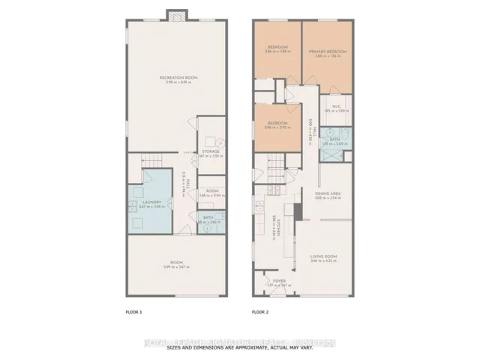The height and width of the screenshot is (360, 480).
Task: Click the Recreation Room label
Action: pyautogui.click(x=177, y=78)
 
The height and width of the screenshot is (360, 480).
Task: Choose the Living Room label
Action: pyautogui.click(x=324, y=257)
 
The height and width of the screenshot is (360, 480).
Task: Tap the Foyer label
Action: pyautogui.click(x=279, y=281)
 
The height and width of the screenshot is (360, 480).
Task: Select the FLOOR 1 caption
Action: pyautogui.click(x=133, y=310)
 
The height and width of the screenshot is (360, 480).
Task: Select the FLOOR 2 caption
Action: pyautogui.click(x=260, y=310)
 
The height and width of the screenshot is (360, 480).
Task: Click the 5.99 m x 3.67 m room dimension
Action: pyautogui.click(x=176, y=267)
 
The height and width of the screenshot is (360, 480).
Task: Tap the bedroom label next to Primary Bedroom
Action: pyautogui.click(x=278, y=47)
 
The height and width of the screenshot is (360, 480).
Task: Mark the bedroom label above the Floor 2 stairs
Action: pyautogui.click(x=278, y=124)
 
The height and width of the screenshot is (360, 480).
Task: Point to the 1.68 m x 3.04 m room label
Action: pyautogui.click(x=211, y=192)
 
